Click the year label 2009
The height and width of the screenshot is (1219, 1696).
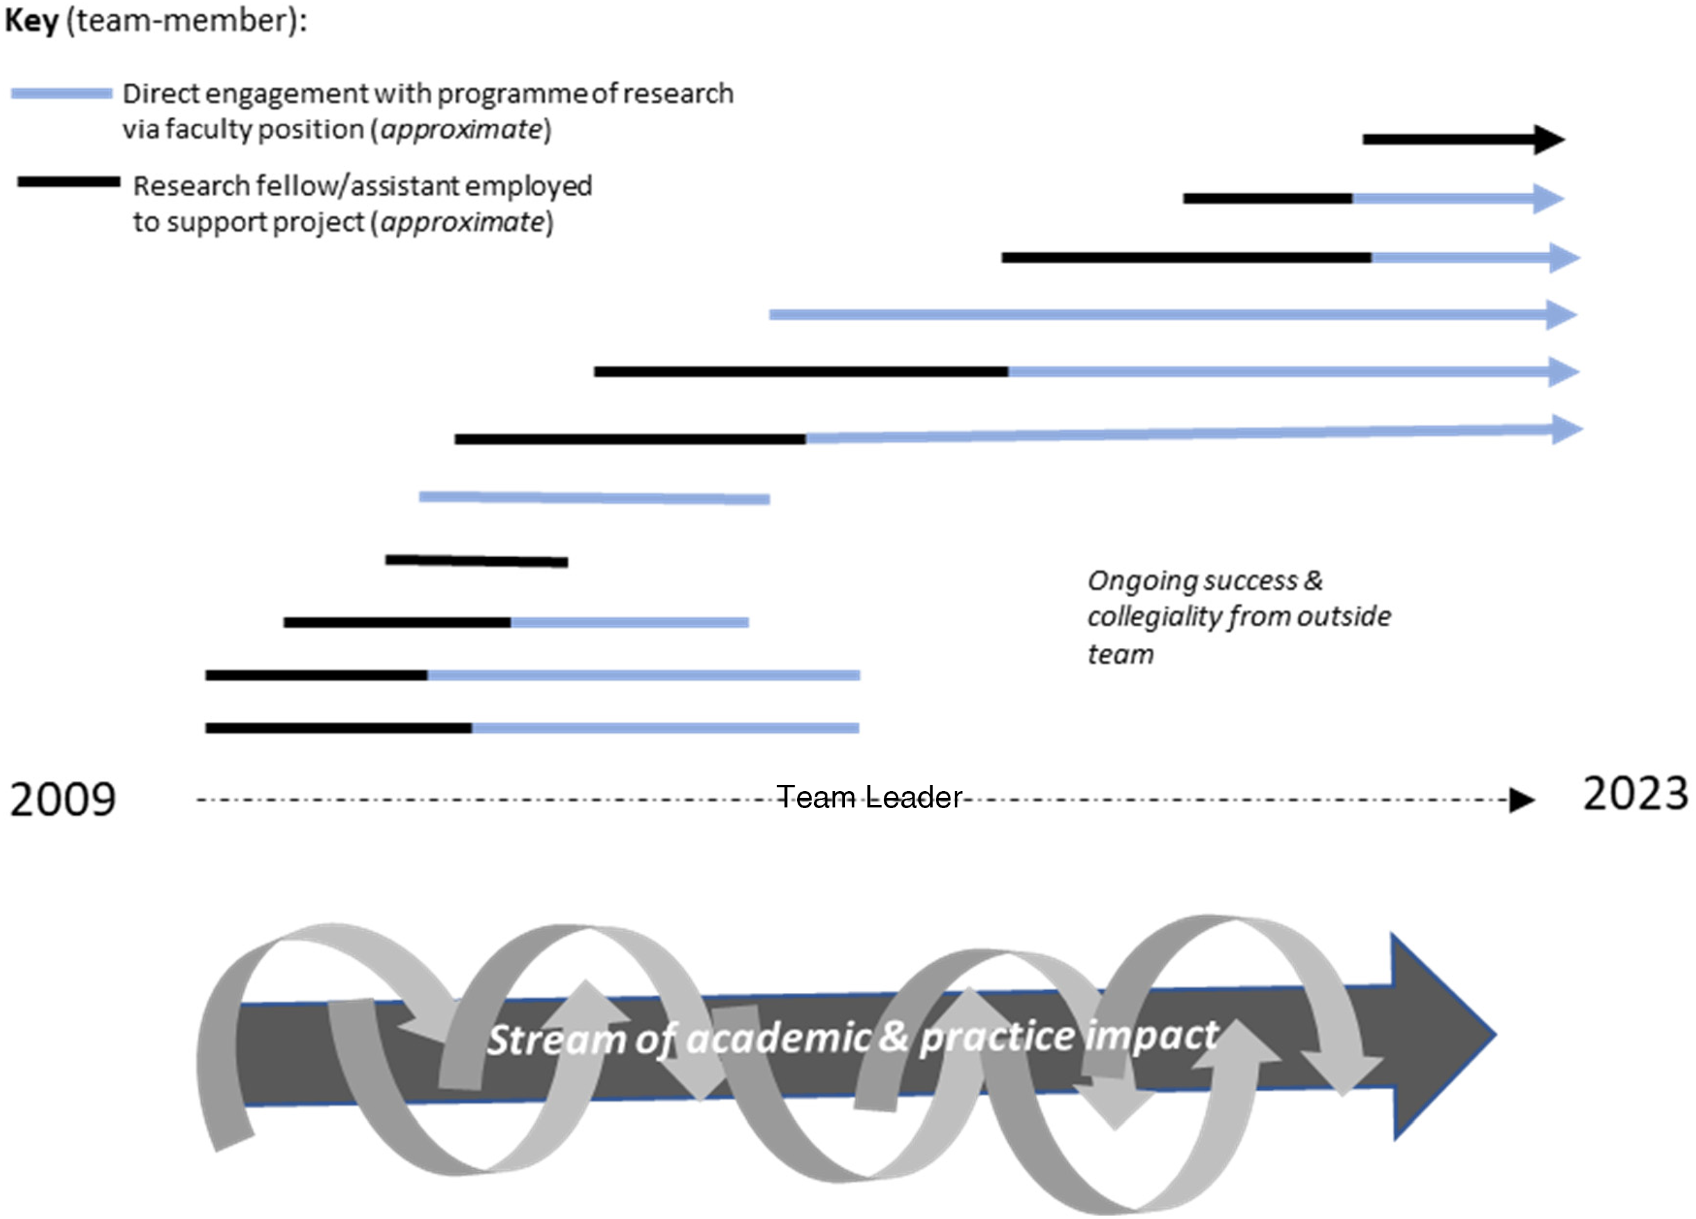[63, 799]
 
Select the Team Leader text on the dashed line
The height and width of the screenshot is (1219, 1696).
[869, 797]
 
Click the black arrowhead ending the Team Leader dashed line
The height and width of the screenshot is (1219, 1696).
[1522, 800]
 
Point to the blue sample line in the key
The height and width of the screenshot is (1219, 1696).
[62, 94]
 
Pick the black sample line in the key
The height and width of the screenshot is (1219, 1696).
[69, 182]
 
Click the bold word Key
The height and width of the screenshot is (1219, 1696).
[31, 21]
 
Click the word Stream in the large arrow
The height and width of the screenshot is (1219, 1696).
[557, 1039]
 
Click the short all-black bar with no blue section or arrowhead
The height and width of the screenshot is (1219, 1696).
[476, 561]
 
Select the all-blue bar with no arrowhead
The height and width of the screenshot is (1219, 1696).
[594, 497]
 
